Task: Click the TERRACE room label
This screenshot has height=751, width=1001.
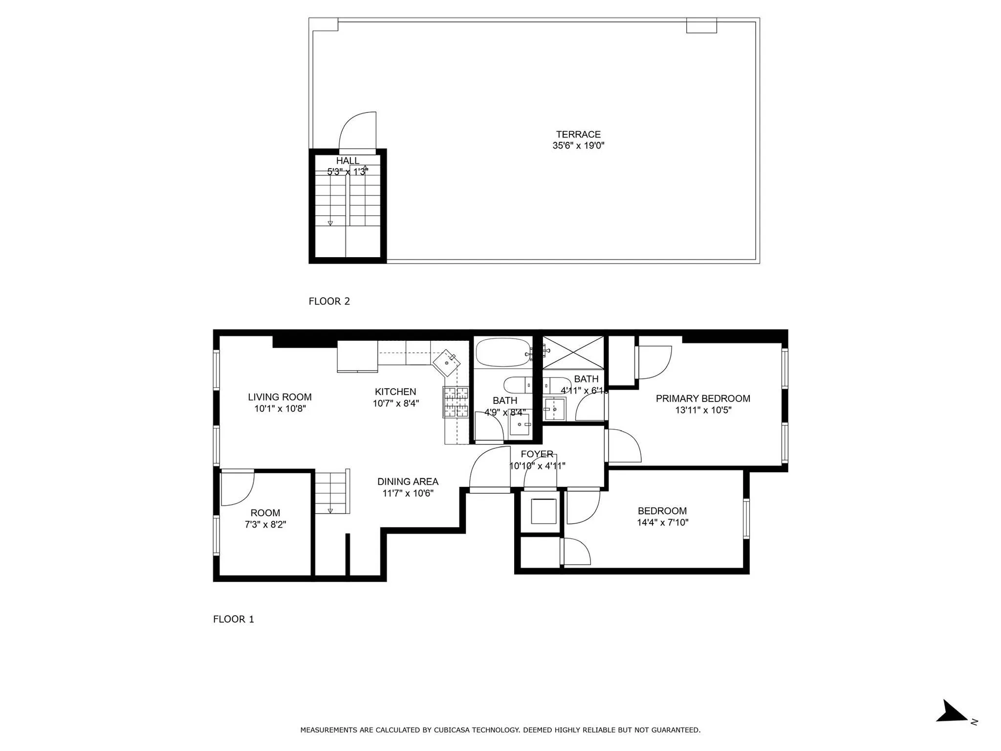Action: click(578, 134)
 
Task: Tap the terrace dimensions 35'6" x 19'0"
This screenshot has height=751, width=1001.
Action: click(578, 146)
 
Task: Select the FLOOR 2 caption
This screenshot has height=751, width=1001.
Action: click(329, 301)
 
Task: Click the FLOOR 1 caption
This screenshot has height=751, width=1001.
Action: click(234, 619)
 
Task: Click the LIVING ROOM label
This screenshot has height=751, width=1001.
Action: click(280, 398)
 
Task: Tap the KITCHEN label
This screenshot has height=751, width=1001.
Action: click(395, 392)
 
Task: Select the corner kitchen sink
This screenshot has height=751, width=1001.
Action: click(447, 362)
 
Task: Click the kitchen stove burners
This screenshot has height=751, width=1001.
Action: click(456, 402)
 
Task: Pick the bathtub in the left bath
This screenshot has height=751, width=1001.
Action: click(503, 353)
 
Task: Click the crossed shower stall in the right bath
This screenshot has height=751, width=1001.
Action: click(573, 352)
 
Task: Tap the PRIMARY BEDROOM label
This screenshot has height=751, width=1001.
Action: click(703, 398)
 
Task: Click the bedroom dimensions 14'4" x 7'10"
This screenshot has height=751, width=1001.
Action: click(662, 522)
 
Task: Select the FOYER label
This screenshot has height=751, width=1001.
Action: click(537, 454)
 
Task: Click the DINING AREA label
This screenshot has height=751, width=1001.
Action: click(408, 482)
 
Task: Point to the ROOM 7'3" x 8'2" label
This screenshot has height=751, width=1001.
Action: click(265, 518)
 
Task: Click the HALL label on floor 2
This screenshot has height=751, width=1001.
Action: click(348, 161)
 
